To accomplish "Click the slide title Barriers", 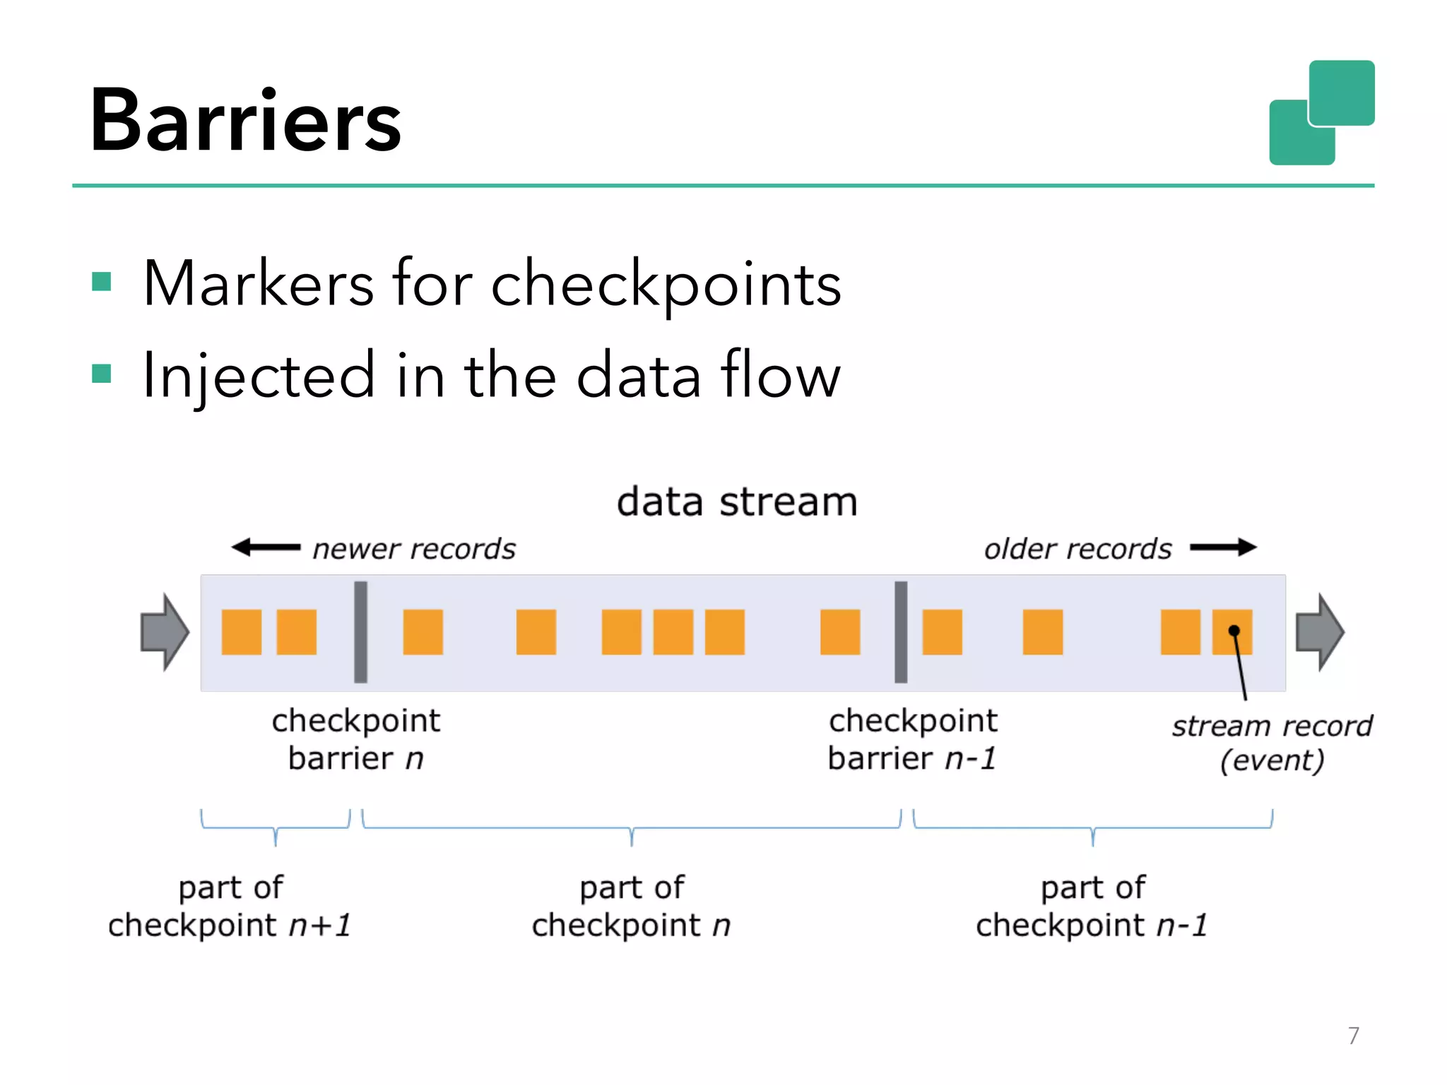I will [x=245, y=120].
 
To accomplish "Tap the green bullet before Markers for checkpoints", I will [x=102, y=282].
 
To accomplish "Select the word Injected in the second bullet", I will [x=259, y=376].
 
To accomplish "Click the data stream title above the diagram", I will [x=737, y=502].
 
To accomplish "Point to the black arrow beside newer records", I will [x=266, y=547].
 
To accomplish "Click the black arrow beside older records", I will [x=1223, y=547].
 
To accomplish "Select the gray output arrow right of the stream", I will [x=1319, y=632].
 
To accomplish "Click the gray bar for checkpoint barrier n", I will [x=360, y=632].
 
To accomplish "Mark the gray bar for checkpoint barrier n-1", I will [x=901, y=632].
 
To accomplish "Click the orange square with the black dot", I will [x=1232, y=632].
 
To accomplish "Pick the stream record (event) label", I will [x=1272, y=743].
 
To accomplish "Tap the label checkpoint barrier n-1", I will [x=913, y=740].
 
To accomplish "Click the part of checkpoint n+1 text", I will [x=230, y=906].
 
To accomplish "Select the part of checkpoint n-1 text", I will [x=1092, y=906].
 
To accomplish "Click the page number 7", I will [x=1353, y=1036].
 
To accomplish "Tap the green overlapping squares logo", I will [x=1321, y=113].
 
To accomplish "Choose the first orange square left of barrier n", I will [x=242, y=632].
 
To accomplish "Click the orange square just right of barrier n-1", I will [x=943, y=632].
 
